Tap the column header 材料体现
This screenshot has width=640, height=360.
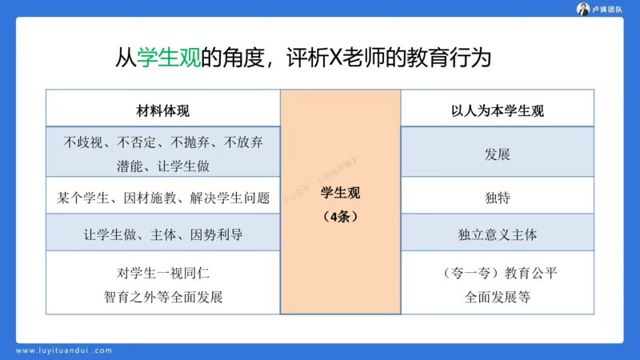tap(162, 111)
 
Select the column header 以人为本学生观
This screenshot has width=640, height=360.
tap(497, 111)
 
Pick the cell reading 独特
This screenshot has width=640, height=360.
tap(497, 196)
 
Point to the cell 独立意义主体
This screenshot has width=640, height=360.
tap(497, 235)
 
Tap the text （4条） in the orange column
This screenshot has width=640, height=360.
tap(341, 217)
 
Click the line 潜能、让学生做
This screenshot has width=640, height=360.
tap(162, 166)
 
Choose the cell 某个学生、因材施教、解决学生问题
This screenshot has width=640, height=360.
tap(162, 196)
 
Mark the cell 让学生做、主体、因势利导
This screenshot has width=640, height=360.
tap(162, 235)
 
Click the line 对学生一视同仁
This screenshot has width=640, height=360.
tap(162, 273)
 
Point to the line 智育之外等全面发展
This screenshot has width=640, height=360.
tap(162, 297)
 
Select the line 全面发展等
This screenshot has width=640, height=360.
tap(497, 297)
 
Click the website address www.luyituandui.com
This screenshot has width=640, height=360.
tap(65, 350)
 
